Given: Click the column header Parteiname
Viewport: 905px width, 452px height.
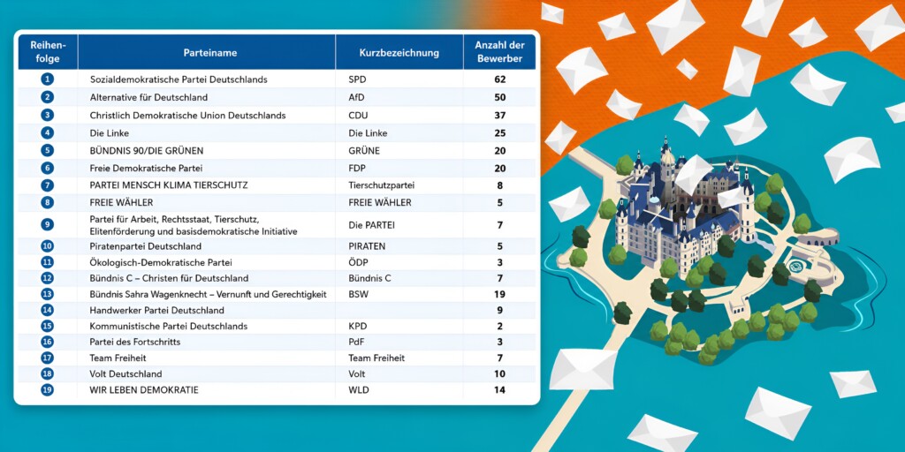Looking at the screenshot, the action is (210, 53).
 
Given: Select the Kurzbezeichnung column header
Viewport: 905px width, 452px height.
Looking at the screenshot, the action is (399, 53).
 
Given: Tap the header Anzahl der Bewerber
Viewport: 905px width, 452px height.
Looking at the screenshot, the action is (499, 52).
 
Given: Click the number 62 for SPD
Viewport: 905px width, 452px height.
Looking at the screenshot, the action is (499, 79).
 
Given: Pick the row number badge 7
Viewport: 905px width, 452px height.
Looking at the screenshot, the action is (48, 185).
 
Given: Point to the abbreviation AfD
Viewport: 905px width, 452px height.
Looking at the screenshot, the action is (357, 97).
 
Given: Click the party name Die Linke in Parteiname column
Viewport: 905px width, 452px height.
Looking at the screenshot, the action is (110, 133).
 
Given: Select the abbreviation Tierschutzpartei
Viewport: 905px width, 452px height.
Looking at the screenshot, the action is (382, 185).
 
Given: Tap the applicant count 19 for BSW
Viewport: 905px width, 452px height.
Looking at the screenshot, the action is (499, 294).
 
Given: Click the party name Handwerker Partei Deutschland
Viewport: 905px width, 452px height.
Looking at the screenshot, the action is (157, 310).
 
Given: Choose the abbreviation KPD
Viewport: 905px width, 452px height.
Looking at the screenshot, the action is (358, 326).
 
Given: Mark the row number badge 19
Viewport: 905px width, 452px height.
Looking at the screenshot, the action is (48, 389).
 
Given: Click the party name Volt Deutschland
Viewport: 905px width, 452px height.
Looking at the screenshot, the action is (125, 373).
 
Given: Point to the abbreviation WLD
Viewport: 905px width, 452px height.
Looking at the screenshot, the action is (359, 389).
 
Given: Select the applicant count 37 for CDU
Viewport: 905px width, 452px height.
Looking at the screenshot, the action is (499, 116).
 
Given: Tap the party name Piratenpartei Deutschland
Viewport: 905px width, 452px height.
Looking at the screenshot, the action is (146, 246).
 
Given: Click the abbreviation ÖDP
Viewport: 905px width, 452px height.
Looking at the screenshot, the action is (358, 262).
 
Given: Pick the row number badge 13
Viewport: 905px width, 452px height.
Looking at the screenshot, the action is (48, 294).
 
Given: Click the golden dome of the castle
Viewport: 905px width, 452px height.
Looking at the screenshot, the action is (667, 155).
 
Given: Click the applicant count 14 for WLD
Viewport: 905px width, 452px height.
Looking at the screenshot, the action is (499, 389).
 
